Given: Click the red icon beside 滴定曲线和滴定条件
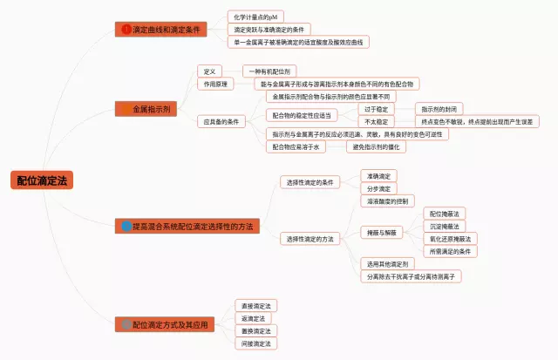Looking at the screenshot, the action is coord(126,30).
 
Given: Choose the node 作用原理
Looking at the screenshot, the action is coord(216,84).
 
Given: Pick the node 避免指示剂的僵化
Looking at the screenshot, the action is coord(381,147).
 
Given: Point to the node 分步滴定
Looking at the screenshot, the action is coord(379,188).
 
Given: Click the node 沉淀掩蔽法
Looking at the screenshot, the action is coord(445,226).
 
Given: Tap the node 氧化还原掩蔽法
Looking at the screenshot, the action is coord(450,239).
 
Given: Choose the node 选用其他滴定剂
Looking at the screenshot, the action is coord(387,263).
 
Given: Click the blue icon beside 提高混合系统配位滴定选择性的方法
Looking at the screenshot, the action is coord(126,226).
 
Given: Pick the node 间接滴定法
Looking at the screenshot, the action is coord(256,343).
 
